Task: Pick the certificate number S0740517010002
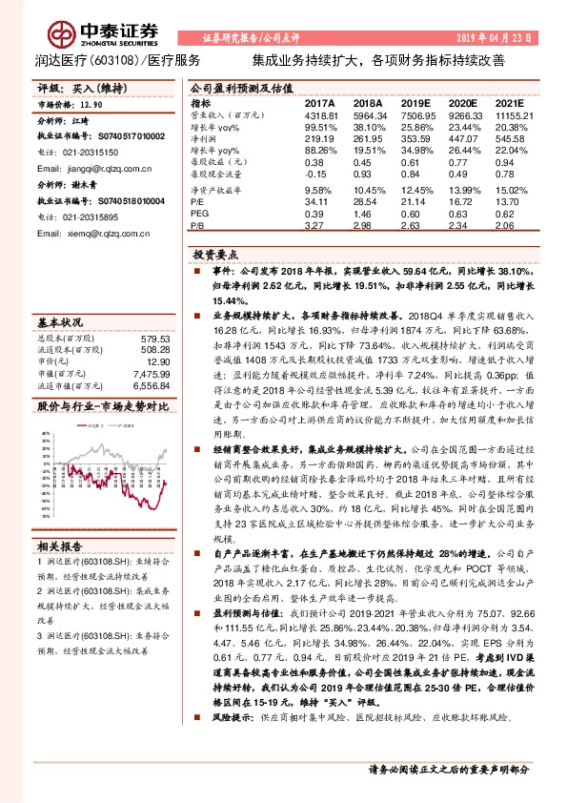(117, 137)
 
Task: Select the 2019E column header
(416, 102)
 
